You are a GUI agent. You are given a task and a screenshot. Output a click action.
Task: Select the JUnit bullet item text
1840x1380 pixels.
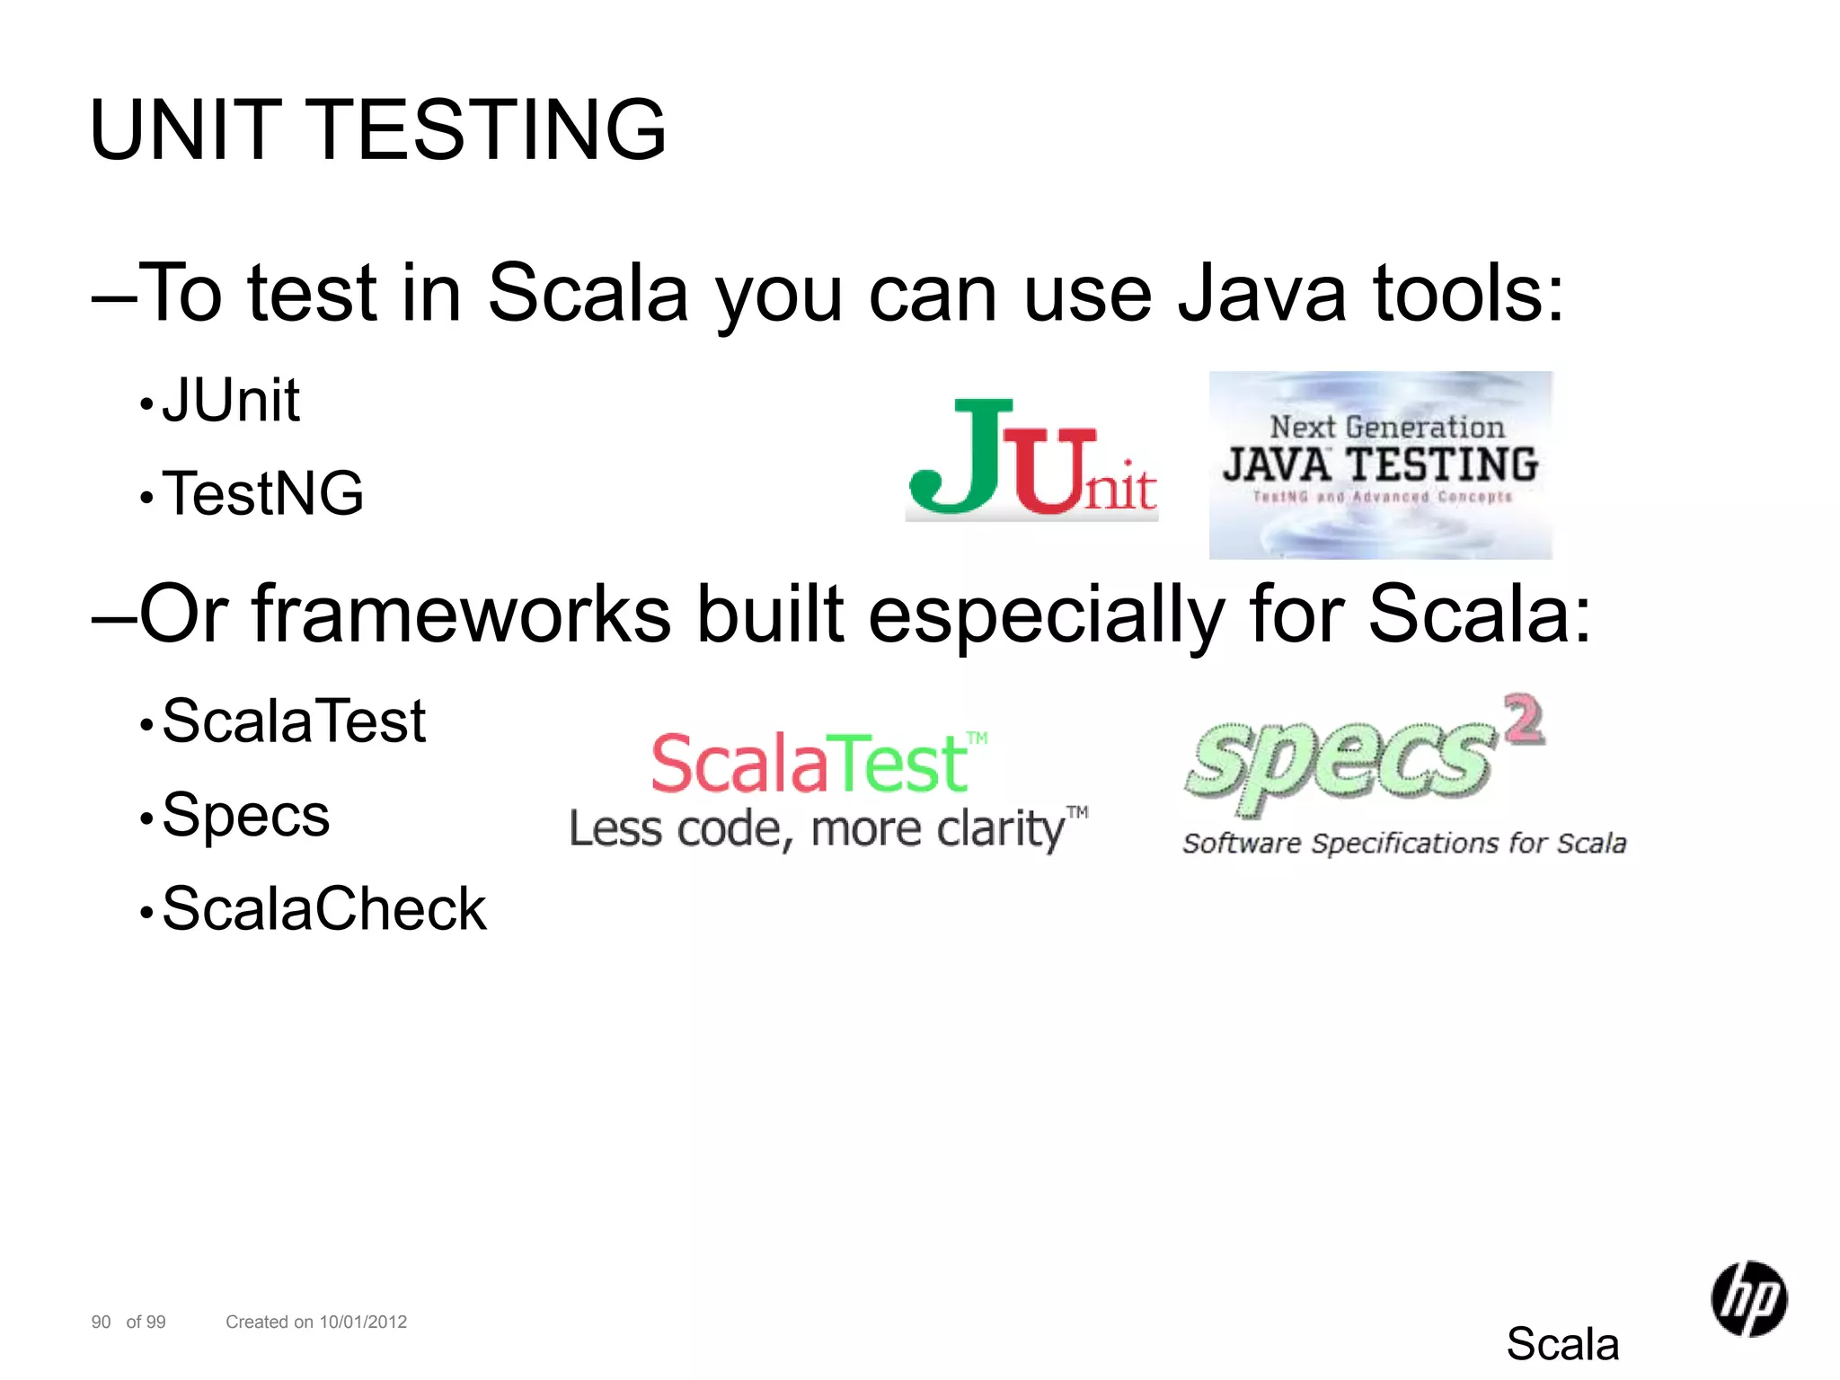pyautogui.click(x=231, y=400)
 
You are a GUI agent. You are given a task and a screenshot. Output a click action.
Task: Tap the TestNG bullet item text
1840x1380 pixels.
pyautogui.click(x=263, y=493)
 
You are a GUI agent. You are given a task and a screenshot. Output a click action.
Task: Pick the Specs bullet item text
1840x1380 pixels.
pyautogui.click(x=246, y=815)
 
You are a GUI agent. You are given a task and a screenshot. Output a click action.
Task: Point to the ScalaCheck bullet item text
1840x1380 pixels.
pyautogui.click(x=324, y=908)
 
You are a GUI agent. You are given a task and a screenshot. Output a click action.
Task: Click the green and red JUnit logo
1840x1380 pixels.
pyautogui.click(x=1031, y=460)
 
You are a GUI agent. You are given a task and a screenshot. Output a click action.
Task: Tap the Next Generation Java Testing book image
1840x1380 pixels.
pyautogui.click(x=1380, y=464)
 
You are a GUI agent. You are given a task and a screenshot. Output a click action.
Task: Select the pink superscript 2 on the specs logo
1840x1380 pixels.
pyautogui.click(x=1525, y=719)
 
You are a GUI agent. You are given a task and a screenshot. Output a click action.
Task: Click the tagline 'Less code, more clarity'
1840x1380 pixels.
pyautogui.click(x=827, y=828)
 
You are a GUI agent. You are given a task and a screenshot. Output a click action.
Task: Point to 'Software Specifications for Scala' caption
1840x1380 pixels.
pyautogui.click(x=1404, y=844)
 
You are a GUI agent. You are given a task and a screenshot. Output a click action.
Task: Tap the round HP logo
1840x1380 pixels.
pyautogui.click(x=1748, y=1298)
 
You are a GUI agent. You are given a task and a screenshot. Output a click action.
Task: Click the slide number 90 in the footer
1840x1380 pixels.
pyautogui.click(x=101, y=1322)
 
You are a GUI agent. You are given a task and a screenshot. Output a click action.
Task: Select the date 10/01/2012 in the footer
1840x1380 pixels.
pyautogui.click(x=363, y=1322)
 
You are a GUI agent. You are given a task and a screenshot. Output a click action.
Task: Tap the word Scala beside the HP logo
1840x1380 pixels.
pyautogui.click(x=1562, y=1344)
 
